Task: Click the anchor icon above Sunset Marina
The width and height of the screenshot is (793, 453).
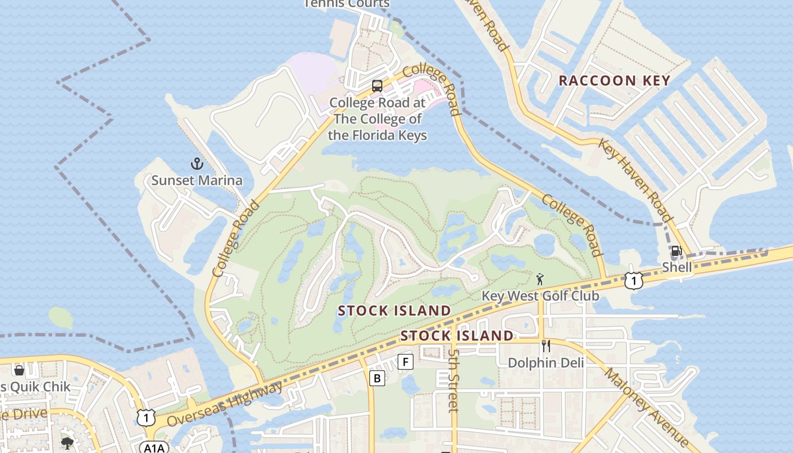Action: (197, 164)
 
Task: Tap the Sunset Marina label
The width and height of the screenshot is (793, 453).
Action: (197, 181)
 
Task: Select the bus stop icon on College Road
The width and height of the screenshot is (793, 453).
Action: (377, 86)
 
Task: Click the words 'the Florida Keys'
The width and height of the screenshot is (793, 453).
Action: (377, 135)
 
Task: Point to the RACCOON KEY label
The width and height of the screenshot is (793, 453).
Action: (615, 80)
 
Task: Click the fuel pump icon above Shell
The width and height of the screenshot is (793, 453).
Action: (676, 251)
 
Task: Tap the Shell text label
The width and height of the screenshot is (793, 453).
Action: (677, 267)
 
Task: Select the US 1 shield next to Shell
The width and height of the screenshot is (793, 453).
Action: (634, 280)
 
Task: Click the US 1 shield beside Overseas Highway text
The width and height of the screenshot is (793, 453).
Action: (146, 418)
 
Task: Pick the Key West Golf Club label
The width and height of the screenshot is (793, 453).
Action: (540, 296)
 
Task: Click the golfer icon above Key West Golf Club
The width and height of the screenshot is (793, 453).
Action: (540, 279)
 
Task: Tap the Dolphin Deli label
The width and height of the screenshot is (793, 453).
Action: (545, 362)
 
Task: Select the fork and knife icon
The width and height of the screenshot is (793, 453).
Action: (546, 346)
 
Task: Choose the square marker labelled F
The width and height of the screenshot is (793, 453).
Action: (405, 361)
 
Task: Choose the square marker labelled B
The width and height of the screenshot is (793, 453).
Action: (377, 378)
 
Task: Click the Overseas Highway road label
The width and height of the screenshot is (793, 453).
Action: (225, 405)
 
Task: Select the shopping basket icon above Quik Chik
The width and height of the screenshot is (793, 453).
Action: (19, 370)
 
